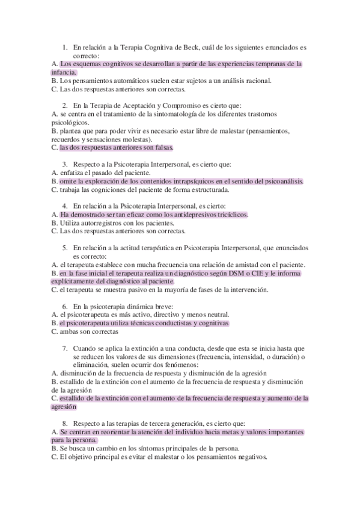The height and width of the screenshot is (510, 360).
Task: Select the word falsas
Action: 163,147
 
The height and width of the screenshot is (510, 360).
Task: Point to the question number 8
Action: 65,423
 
